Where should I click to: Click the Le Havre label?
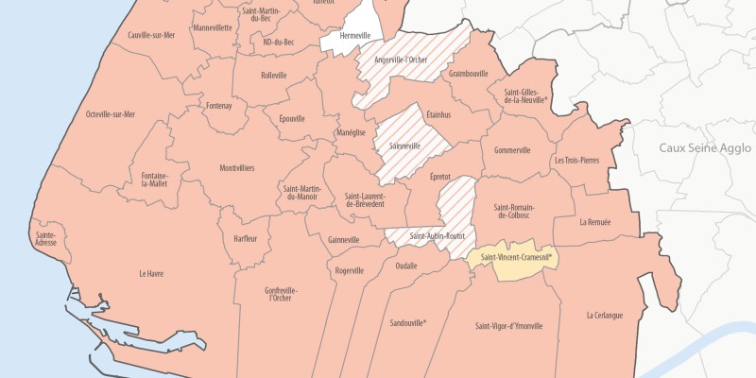coord(151,274)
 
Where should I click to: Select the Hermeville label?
coord(354,35)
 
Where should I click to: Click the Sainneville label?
coord(410,146)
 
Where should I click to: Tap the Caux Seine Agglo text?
coord(705,148)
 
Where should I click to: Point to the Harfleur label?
coord(245,238)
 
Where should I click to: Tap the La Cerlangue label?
coord(604,315)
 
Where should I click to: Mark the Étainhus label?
coord(438,114)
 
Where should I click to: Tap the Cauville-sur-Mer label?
coord(151,35)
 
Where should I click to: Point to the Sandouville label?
coord(408,322)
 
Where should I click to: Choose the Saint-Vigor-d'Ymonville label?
coord(509,326)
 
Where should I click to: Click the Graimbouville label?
coord(469,73)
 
